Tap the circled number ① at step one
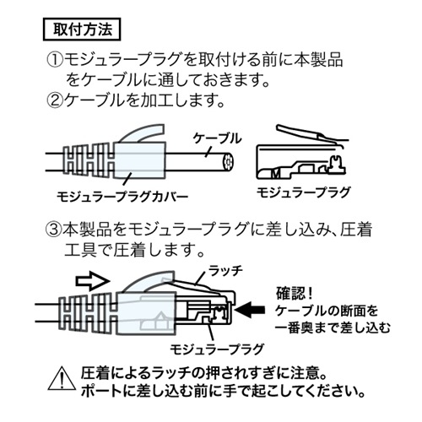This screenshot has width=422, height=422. click(x=53, y=62)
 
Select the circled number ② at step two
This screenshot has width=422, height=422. click(x=53, y=102)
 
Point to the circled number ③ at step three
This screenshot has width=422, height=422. click(x=53, y=230)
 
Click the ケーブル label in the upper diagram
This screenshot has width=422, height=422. click(x=218, y=138)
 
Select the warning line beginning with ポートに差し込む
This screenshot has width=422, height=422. click(x=221, y=392)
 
